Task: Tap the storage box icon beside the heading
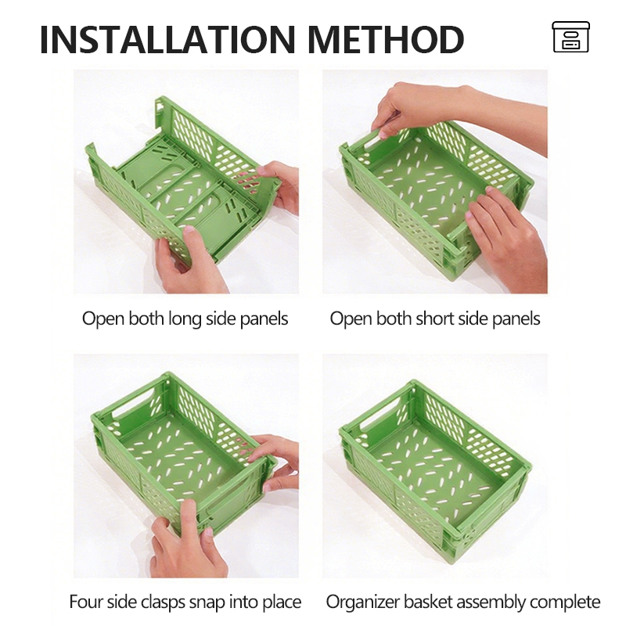[x=570, y=37]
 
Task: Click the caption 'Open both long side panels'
[x=185, y=319]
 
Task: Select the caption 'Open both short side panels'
[x=435, y=319]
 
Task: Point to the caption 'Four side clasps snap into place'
[x=185, y=602]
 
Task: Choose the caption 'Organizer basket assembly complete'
[x=463, y=602]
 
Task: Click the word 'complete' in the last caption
[x=565, y=602]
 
